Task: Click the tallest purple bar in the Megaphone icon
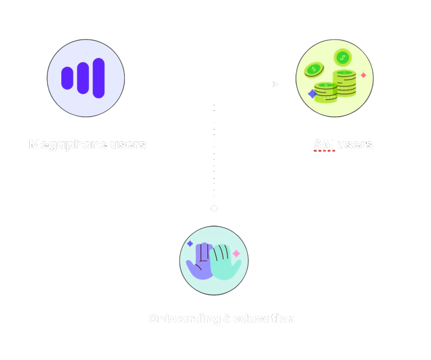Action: coord(99,78)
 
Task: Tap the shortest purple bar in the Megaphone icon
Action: coord(67,78)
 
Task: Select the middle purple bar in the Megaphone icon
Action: coord(83,78)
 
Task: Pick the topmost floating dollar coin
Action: coord(342,58)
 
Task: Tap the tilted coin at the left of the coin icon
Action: coord(314,70)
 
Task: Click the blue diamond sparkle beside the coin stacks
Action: coord(312,94)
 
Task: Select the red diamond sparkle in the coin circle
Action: coord(363,75)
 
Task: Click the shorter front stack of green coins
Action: coord(326,93)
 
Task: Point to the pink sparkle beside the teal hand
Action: coord(236,253)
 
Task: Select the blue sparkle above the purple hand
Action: coord(190,244)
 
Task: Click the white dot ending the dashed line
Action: coord(214,209)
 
